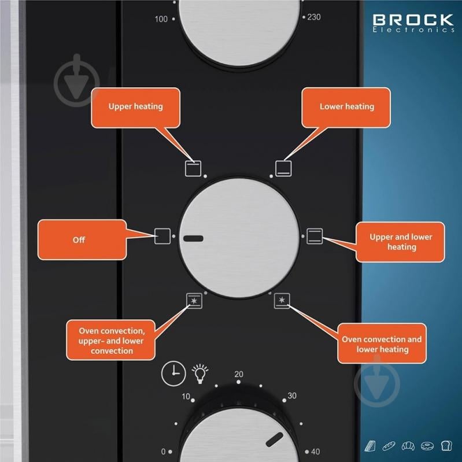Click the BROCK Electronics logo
click(413, 23)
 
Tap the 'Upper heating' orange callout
click(135, 108)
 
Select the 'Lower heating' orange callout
click(346, 108)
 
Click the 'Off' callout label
click(82, 239)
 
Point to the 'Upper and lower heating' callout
click(400, 242)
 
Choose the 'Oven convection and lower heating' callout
click(382, 343)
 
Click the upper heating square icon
click(193, 168)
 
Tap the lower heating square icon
click(283, 168)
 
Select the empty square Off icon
click(162, 236)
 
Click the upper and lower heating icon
click(315, 236)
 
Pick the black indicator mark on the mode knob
click(193, 238)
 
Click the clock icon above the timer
click(173, 374)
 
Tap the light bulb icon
click(200, 374)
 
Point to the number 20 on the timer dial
click(239, 374)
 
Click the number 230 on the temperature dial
click(314, 17)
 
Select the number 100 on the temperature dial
click(161, 19)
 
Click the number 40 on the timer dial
click(315, 452)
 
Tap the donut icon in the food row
click(427, 446)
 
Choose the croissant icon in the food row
click(408, 446)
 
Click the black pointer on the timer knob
click(274, 439)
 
